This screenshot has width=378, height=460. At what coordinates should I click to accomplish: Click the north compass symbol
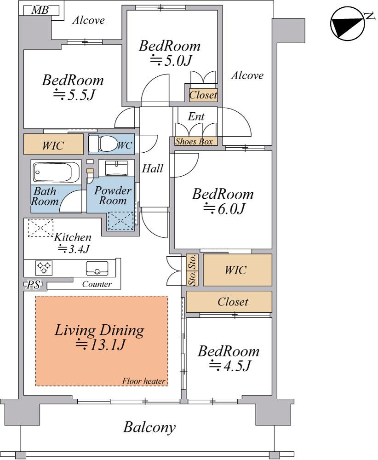[348, 24]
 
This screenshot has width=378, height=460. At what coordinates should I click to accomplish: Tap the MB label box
[40, 11]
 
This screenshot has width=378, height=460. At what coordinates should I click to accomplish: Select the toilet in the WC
[103, 144]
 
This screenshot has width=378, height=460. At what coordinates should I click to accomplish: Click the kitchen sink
[97, 268]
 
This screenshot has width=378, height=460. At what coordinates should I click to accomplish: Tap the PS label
[34, 285]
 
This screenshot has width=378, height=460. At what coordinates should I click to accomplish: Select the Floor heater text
[143, 381]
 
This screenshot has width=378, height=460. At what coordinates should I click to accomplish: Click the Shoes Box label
[194, 141]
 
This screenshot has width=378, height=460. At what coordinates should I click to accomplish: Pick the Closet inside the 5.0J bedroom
[203, 95]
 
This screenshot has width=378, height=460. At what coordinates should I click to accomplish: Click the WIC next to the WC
[53, 144]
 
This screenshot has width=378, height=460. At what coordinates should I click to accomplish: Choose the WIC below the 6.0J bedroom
[238, 270]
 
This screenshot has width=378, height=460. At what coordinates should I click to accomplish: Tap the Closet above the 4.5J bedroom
[229, 302]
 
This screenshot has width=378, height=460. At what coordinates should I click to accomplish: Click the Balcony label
[149, 427]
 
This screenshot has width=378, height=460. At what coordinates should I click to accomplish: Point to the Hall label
[153, 168]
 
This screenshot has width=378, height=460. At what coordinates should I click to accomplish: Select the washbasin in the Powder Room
[116, 168]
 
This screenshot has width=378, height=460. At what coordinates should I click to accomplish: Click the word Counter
[97, 284]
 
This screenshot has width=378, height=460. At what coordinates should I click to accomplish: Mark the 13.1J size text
[101, 345]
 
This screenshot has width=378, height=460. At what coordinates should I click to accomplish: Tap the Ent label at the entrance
[196, 116]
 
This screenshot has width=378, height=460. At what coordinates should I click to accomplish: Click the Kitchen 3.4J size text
[73, 249]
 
